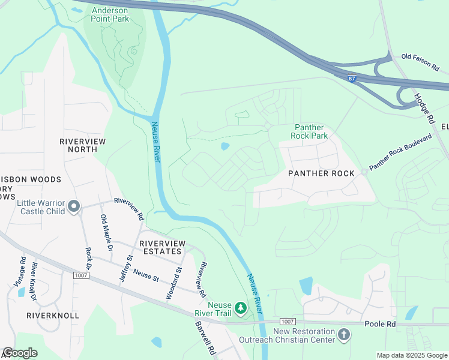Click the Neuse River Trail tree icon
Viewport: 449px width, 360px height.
241,308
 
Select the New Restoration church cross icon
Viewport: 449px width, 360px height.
343,334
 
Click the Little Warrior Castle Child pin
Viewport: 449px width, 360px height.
74,207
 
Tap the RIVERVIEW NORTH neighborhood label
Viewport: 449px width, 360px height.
83,146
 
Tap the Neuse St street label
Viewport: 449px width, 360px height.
146,274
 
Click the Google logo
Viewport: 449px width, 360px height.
20,353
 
